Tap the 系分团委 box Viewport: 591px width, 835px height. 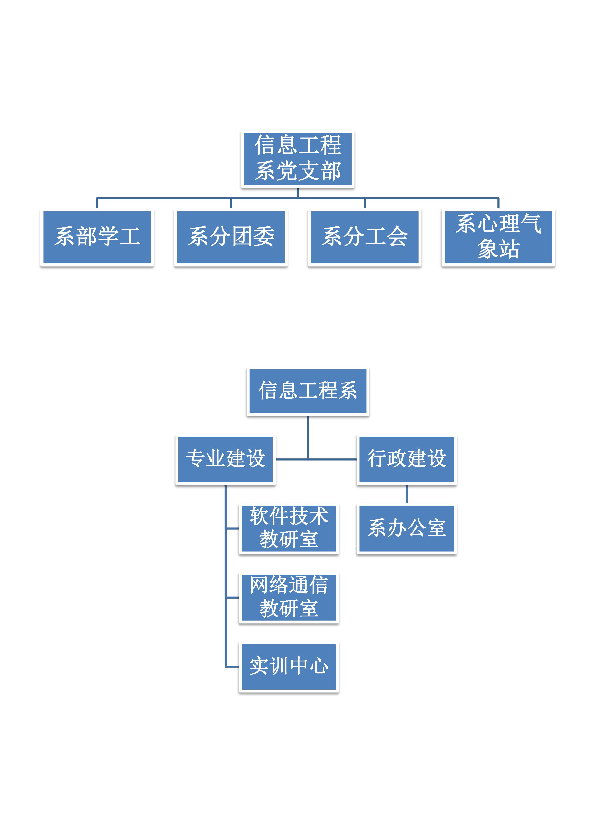click(x=231, y=237)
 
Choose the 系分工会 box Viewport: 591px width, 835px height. click(x=364, y=237)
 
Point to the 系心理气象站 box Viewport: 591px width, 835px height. click(x=498, y=237)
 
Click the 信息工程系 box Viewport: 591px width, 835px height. click(x=308, y=391)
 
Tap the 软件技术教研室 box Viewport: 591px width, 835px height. click(x=288, y=528)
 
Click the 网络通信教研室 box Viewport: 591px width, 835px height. click(x=288, y=597)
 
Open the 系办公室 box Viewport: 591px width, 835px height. click(x=406, y=528)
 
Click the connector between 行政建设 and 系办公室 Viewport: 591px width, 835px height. click(x=406, y=494)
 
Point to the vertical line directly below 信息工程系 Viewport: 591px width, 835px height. click(x=308, y=436)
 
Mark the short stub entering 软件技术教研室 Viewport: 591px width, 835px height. click(x=232, y=528)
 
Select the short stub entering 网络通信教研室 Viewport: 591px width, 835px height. click(x=232, y=597)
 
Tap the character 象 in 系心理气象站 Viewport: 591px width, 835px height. click(x=488, y=249)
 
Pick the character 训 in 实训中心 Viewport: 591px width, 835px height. click(x=278, y=666)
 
